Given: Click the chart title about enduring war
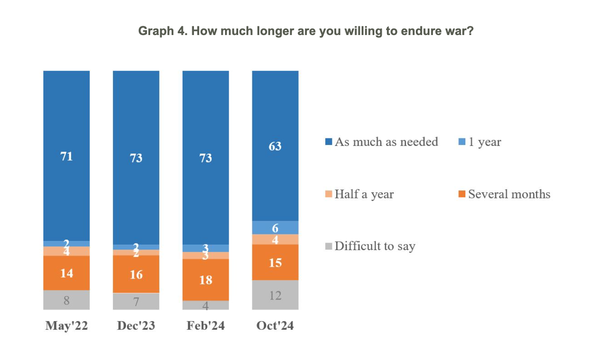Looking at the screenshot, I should (306, 31).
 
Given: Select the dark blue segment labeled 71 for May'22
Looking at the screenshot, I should (67, 156).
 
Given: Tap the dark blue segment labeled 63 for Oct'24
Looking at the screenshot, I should (275, 146).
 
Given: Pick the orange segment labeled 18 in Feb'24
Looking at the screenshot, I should (205, 279).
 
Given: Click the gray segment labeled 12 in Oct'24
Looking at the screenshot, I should (275, 295).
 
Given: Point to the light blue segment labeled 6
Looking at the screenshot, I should (275, 228).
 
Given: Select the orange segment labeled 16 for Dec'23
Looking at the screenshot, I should (136, 274).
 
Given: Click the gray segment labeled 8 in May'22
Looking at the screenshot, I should (67, 300).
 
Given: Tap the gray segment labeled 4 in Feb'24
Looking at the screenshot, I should (205, 305).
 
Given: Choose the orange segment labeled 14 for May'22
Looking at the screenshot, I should (67, 273).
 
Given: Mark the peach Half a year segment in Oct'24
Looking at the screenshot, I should (275, 240).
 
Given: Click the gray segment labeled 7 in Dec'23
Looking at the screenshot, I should (136, 301).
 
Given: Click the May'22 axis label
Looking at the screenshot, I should (67, 326).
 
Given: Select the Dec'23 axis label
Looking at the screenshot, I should (136, 326).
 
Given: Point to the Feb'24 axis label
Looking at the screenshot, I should (205, 326).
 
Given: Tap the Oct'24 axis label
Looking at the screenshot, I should (275, 326).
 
